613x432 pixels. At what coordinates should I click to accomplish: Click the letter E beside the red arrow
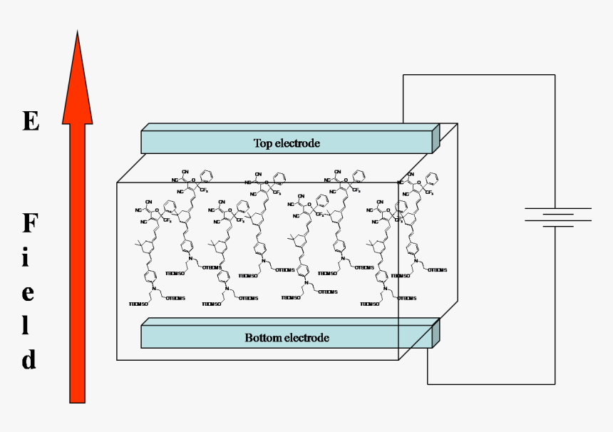coord(30,121)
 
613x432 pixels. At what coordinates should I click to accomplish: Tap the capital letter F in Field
coord(29,225)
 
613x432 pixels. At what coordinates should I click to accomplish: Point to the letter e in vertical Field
coord(28,293)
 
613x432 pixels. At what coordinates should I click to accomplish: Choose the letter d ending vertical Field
coord(28,359)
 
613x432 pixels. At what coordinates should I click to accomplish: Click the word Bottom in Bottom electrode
coord(262,337)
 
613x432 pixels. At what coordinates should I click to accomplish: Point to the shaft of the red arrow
coord(77,264)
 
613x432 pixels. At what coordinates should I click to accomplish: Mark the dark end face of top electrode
coord(436,139)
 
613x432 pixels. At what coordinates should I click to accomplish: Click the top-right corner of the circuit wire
coord(555,75)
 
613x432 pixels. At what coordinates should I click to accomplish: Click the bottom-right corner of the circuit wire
coord(555,384)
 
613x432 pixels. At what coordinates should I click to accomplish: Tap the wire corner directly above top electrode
coord(403,75)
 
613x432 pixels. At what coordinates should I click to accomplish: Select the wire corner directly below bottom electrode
coord(428,384)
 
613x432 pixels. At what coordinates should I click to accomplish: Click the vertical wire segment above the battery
coord(555,143)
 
